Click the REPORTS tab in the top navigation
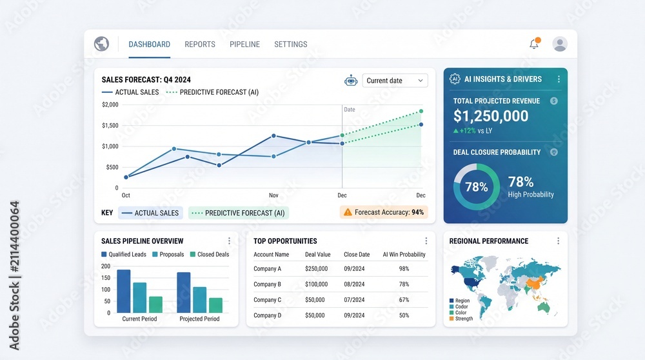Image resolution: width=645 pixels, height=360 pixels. click(200, 45)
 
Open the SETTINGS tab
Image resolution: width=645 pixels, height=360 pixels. click(291, 45)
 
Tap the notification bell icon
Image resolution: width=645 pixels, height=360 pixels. click(534, 43)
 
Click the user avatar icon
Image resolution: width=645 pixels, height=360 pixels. click(560, 44)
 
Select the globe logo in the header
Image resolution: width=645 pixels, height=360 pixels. click(102, 44)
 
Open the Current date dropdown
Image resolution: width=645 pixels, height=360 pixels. click(395, 81)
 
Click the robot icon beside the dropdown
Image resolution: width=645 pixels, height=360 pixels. click(351, 81)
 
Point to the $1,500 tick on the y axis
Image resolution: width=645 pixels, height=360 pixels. click(110, 126)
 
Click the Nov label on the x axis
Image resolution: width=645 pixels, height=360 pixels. click(273, 195)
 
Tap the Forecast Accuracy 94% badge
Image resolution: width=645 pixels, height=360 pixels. click(384, 212)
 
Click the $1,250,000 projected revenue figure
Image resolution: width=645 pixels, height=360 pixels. click(491, 116)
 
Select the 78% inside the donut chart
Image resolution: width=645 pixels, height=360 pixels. click(477, 187)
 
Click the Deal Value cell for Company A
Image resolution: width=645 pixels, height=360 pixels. click(316, 268)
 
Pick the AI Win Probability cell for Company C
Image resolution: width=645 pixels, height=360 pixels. click(404, 300)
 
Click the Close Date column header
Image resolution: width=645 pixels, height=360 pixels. click(357, 255)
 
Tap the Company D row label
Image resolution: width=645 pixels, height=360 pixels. click(268, 315)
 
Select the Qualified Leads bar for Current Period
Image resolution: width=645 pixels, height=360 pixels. click(124, 292)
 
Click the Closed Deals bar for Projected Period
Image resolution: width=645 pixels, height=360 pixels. click(215, 305)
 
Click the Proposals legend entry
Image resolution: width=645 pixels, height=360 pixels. click(168, 254)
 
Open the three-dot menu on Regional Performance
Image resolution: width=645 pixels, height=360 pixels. click(558, 241)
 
